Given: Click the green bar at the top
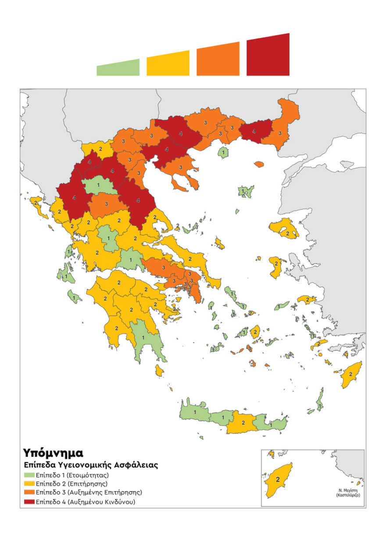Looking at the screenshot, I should [x=118, y=68].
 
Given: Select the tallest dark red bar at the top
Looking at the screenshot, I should [x=268, y=56].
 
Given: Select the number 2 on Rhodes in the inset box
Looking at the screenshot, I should [x=278, y=480].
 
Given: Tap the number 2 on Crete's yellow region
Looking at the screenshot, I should [x=243, y=423].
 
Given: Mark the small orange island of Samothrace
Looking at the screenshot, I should [x=259, y=164].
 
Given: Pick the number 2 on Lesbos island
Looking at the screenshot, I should [x=287, y=234].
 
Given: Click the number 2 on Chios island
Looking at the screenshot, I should [x=276, y=264].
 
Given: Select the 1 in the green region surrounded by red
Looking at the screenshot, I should [x=98, y=185].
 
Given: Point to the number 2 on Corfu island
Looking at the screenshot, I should [x=35, y=202].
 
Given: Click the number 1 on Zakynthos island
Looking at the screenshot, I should [x=74, y=298].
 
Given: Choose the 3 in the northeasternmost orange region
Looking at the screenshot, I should [x=280, y=133].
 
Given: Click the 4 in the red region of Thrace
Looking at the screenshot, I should [x=254, y=130].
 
